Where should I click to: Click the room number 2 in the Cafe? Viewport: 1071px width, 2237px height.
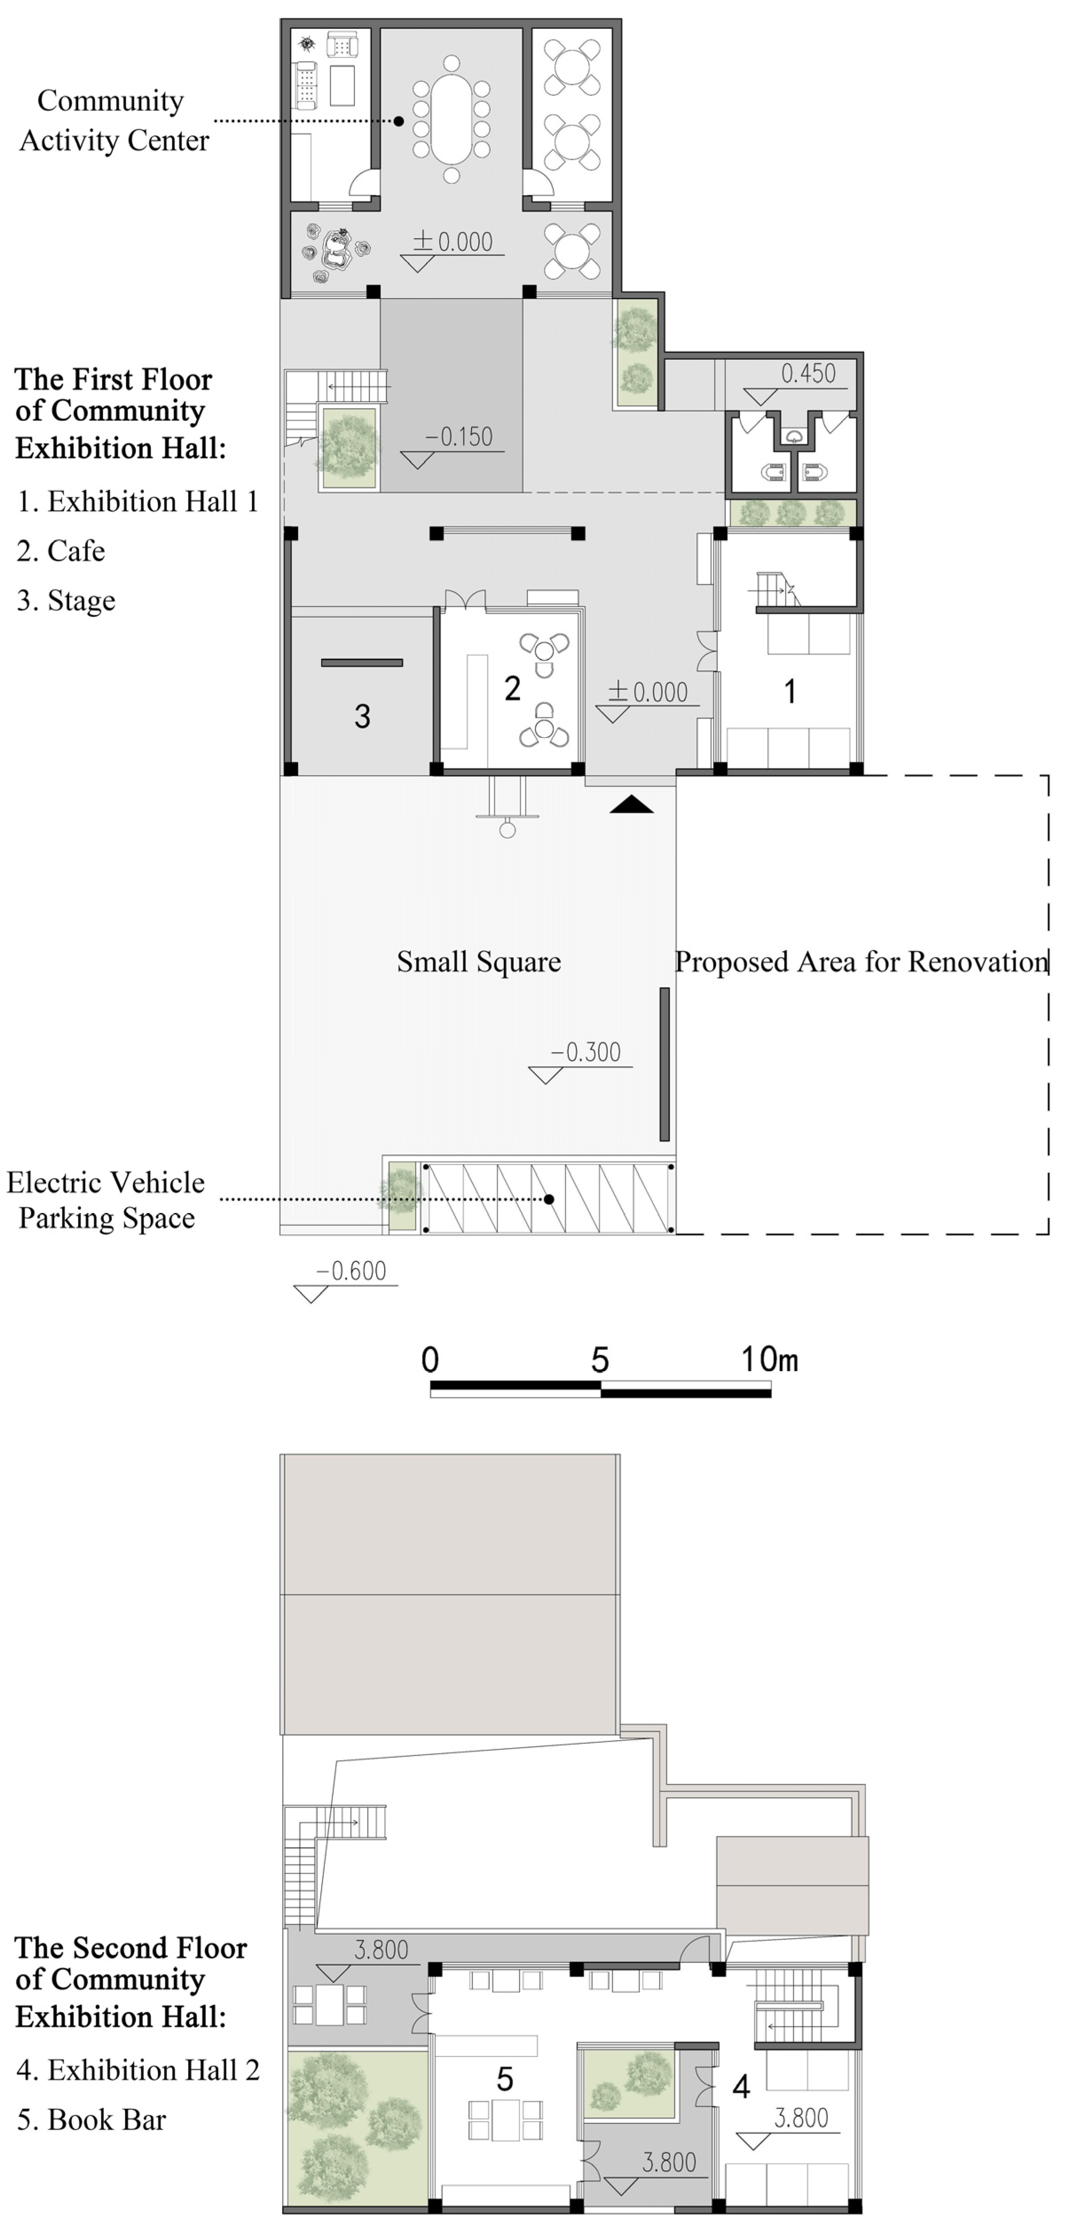[512, 689]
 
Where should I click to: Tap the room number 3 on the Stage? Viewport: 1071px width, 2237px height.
[362, 717]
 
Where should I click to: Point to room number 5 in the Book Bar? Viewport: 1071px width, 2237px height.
[504, 2079]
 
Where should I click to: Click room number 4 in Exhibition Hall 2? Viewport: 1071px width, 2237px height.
[741, 2086]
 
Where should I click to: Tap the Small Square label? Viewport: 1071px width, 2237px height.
[479, 962]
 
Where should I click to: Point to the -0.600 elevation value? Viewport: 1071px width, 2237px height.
[351, 1271]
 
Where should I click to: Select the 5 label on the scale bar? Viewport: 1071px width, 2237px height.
[599, 1360]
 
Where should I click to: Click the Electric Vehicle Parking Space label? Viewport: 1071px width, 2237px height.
[106, 1200]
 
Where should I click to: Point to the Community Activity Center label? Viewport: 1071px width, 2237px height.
[113, 121]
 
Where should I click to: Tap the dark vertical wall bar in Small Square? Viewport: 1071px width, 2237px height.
[665, 1064]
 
